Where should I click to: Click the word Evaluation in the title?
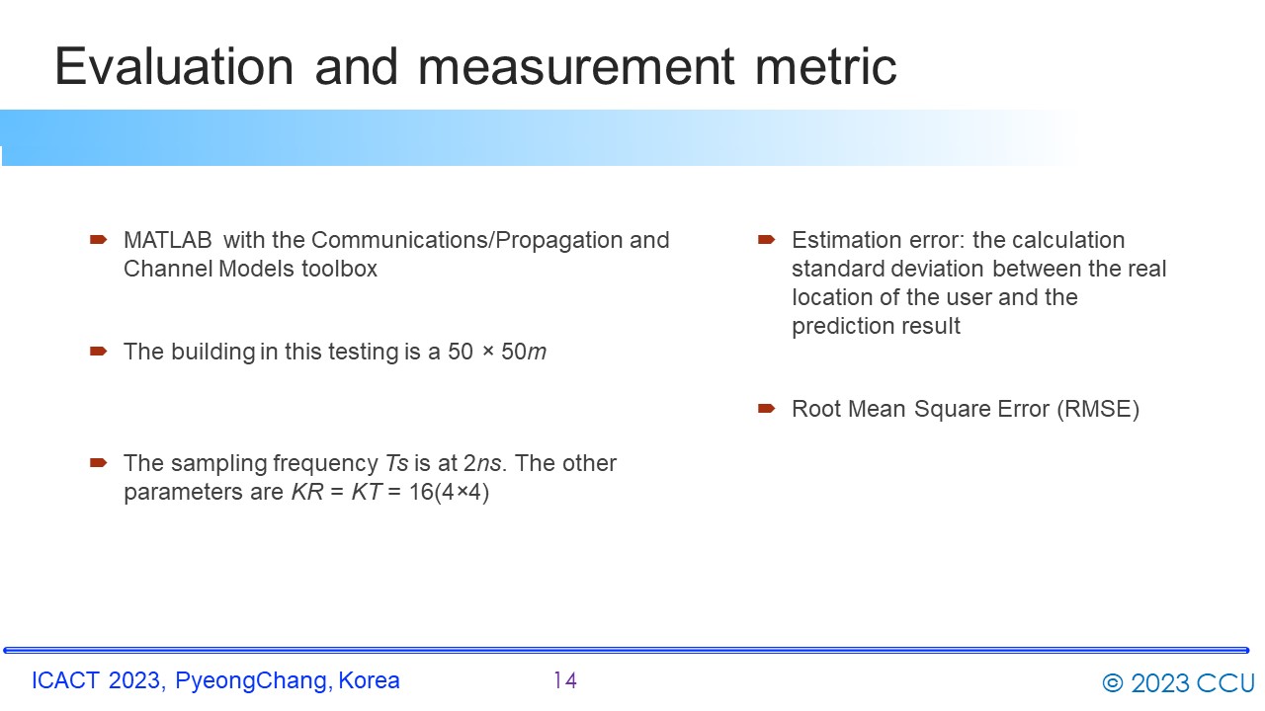click(174, 66)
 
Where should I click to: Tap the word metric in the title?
click(825, 66)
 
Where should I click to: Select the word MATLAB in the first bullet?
click(168, 240)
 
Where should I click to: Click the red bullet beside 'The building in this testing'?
click(98, 352)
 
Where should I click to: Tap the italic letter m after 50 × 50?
click(537, 353)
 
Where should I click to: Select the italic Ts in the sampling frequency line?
click(396, 463)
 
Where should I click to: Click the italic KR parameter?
click(307, 492)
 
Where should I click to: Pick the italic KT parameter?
click(367, 492)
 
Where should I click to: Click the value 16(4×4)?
click(449, 492)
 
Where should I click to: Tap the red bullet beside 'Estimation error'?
click(766, 240)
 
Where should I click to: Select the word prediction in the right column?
click(836, 326)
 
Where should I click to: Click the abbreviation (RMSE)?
click(1098, 409)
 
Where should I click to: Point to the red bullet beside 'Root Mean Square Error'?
click(766, 409)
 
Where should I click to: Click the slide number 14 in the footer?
click(564, 680)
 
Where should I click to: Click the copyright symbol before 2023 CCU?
click(1113, 683)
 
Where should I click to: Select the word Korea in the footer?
click(370, 680)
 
